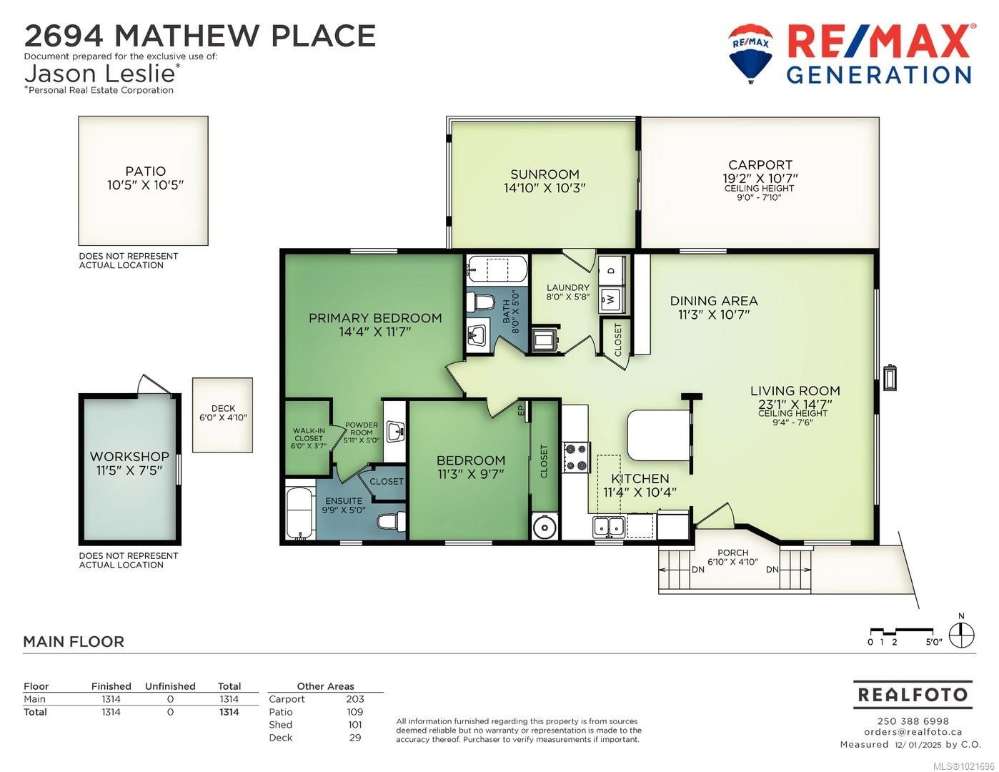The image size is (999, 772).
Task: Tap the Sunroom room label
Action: [x=545, y=174]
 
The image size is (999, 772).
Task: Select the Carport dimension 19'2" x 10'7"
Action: [x=760, y=178]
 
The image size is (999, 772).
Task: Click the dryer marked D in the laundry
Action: [x=612, y=270]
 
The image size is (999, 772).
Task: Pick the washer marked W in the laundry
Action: [x=612, y=297]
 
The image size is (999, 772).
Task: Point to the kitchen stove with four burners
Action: [x=576, y=457]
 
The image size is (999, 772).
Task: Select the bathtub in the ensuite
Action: [x=299, y=513]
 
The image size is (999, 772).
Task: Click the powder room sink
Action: [x=394, y=432]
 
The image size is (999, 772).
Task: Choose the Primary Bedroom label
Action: [x=375, y=318]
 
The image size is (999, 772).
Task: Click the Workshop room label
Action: [x=129, y=457]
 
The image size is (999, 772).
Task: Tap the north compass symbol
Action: [x=961, y=634]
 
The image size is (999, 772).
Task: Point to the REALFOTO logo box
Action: [x=913, y=694]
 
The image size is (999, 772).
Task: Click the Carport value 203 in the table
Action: [x=354, y=699]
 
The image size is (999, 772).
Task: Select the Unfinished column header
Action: [x=170, y=686]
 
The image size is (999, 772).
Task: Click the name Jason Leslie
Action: [x=100, y=73]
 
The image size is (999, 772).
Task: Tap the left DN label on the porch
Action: [x=697, y=570]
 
